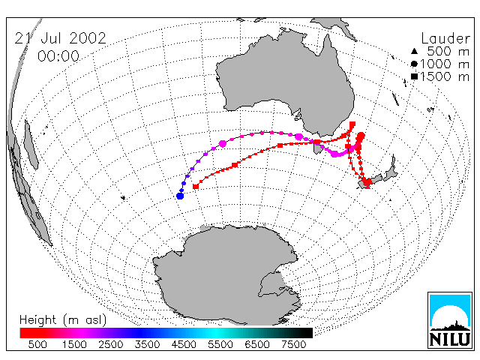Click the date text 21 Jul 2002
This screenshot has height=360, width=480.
[60, 38]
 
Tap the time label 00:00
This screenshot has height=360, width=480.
[58, 56]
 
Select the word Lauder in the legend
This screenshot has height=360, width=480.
[445, 38]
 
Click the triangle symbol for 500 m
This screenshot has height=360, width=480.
[414, 51]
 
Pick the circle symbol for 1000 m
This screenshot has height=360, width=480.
[414, 64]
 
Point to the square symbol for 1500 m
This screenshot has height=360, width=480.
[414, 76]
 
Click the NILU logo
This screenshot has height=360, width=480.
[450, 320]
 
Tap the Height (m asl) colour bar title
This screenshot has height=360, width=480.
[63, 320]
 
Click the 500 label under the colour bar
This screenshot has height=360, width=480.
[37, 345]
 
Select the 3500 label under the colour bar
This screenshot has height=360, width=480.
[147, 345]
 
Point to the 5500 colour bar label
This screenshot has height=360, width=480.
[220, 345]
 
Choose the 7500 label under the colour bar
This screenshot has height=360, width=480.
[293, 345]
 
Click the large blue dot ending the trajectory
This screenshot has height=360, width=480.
[180, 196]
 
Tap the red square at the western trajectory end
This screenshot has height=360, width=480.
[196, 186]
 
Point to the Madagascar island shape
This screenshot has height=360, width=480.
[31, 145]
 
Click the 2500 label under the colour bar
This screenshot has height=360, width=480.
[111, 345]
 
